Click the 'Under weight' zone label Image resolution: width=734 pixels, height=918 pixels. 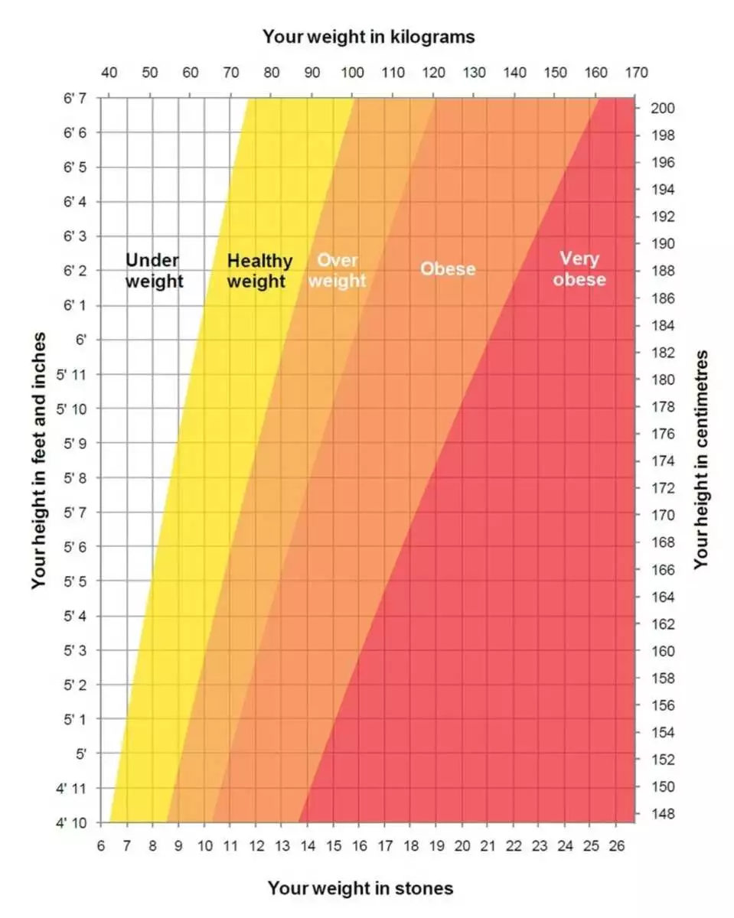pyautogui.click(x=154, y=271)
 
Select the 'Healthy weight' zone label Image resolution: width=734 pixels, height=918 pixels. pyautogui.click(x=259, y=271)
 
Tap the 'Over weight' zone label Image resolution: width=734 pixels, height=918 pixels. pyautogui.click(x=337, y=271)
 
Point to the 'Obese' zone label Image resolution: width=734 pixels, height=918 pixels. pyautogui.click(x=448, y=269)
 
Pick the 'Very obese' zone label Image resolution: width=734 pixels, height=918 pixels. pyautogui.click(x=579, y=269)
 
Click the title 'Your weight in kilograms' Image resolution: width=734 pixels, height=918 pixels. pyautogui.click(x=368, y=36)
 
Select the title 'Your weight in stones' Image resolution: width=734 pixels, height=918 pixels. pyautogui.click(x=360, y=888)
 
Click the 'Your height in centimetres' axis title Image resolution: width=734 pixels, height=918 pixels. pyautogui.click(x=701, y=460)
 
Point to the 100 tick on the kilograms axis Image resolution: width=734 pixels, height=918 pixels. pyautogui.click(x=352, y=73)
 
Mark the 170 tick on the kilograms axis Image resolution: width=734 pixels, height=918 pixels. pyautogui.click(x=636, y=73)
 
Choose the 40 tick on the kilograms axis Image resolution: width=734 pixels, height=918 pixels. pyautogui.click(x=109, y=73)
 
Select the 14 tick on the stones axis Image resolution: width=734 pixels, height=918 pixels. pyautogui.click(x=308, y=845)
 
